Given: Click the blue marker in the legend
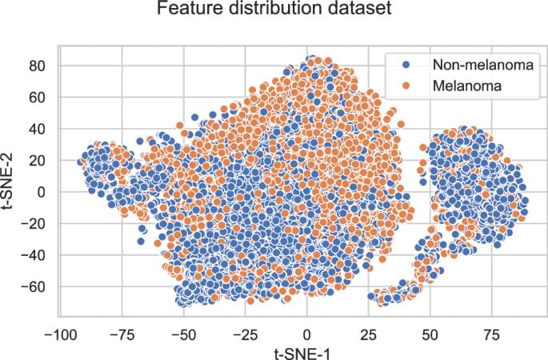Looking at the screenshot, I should click(x=406, y=64).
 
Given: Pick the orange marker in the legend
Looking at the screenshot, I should click(x=406, y=84).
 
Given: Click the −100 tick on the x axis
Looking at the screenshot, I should click(x=57, y=330).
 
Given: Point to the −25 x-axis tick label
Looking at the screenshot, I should click(x=244, y=330).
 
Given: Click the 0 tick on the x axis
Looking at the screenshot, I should click(x=306, y=330).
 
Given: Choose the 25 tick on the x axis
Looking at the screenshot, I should click(x=368, y=330).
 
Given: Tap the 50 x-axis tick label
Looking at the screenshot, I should click(x=430, y=330).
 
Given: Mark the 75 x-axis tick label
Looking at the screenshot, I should click(x=492, y=330).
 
